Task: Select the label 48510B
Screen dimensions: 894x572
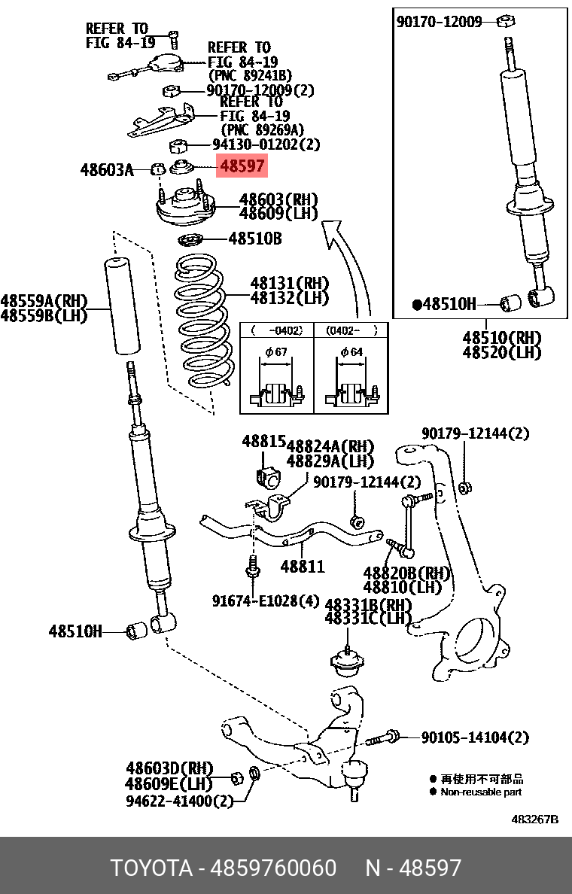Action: [x=254, y=239]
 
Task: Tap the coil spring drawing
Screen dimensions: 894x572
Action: [x=200, y=324]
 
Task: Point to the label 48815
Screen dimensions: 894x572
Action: [x=263, y=442]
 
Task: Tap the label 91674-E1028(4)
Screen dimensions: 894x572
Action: [x=265, y=601]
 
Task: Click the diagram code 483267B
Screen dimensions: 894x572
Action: [x=534, y=819]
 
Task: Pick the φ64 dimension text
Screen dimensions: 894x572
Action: [x=351, y=352]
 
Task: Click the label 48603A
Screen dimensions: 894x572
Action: [x=106, y=171]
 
